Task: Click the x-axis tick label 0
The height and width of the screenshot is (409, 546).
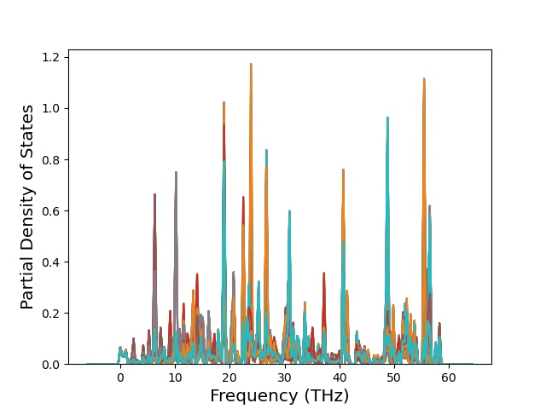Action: coord(120,377)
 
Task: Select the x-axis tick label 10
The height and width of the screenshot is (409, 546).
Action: coord(175,377)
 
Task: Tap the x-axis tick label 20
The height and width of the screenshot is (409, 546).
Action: coord(229,377)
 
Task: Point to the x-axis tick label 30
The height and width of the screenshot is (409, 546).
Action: coord(284,377)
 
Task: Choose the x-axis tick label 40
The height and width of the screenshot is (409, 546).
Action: coord(340,377)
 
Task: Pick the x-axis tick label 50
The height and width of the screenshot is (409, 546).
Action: coord(394,377)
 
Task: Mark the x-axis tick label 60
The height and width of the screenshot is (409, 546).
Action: coord(449,377)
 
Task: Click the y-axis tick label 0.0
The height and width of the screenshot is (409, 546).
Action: coord(52,365)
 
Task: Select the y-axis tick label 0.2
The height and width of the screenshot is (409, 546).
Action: coord(52,314)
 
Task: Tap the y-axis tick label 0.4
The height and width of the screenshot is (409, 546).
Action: coord(52,262)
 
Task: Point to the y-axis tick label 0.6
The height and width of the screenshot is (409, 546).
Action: coord(52,211)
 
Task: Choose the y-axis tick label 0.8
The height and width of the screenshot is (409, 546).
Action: coord(52,160)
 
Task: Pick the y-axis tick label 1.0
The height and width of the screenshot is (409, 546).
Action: coord(52,108)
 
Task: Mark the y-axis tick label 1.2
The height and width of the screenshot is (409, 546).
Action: coord(52,57)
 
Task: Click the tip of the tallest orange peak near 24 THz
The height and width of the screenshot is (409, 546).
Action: coord(251,64)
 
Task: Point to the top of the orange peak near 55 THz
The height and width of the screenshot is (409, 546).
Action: coord(423,79)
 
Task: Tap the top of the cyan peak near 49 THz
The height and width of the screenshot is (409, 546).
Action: coord(387,118)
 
